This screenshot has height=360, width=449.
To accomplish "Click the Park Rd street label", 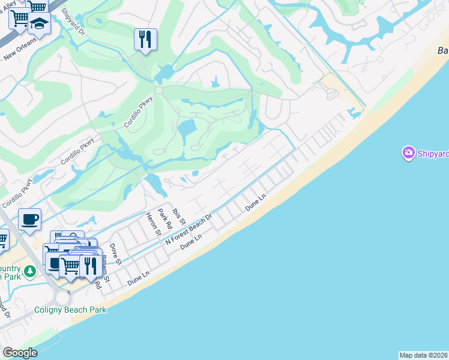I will (x=164, y=219).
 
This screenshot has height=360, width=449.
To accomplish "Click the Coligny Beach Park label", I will (x=70, y=310).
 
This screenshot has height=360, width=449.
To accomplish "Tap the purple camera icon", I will (x=408, y=154).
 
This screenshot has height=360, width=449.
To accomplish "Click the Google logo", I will (x=20, y=353).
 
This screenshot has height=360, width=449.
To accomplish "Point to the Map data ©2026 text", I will (x=423, y=355).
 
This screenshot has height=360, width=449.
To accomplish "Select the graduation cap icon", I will (x=40, y=23).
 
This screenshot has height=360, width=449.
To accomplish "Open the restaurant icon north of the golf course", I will (x=145, y=40).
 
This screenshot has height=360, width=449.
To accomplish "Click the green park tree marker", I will (x=29, y=271).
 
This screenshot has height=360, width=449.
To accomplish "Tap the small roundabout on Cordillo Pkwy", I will (x=159, y=90).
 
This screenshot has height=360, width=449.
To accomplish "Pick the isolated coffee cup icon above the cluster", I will (x=29, y=220).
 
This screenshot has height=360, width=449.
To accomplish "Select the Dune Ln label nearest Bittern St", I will (x=137, y=278).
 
